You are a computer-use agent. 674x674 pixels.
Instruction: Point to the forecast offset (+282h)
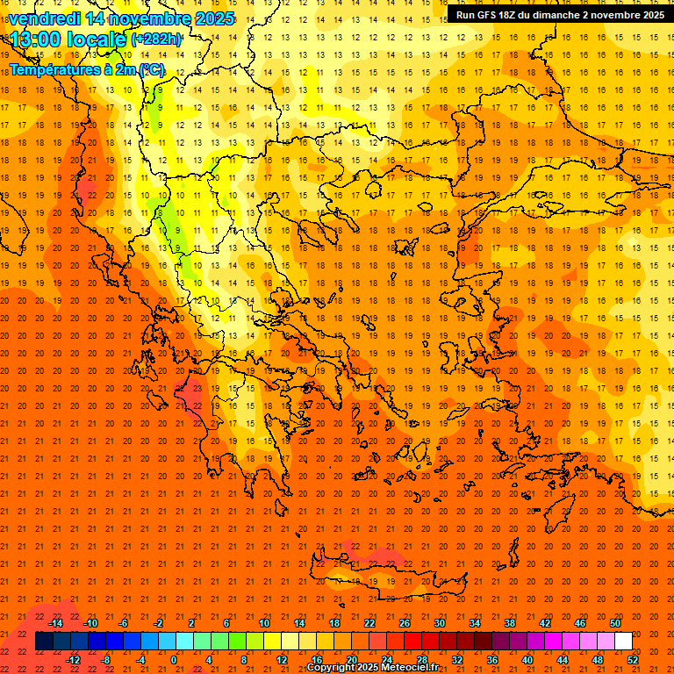click(x=156, y=39)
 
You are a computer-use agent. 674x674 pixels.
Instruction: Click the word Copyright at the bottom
click(x=330, y=668)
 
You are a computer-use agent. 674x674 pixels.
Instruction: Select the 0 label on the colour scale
click(x=174, y=659)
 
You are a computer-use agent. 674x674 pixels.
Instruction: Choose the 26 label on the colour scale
click(x=404, y=623)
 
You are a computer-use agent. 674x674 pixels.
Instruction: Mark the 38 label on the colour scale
click(x=509, y=623)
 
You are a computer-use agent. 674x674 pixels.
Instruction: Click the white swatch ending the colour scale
click(x=623, y=642)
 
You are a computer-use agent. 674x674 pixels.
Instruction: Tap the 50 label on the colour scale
click(x=614, y=623)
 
